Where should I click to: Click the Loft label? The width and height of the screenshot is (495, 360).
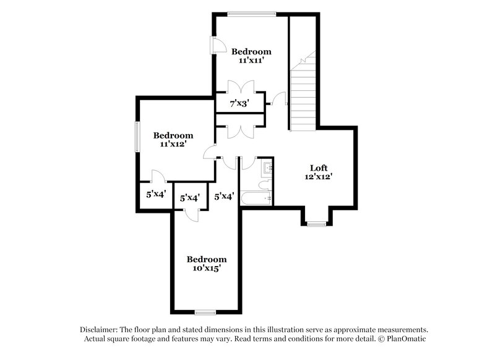pyautogui.click(x=319, y=168)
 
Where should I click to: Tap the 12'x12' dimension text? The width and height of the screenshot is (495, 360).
pyautogui.click(x=319, y=177)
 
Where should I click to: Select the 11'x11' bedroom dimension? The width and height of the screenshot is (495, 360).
pyautogui.click(x=251, y=60)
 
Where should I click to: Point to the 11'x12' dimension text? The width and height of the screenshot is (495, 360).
pyautogui.click(x=173, y=144)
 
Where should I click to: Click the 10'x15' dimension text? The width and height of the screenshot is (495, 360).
pyautogui.click(x=206, y=268)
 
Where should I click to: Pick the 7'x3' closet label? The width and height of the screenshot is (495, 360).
pyautogui.click(x=239, y=103)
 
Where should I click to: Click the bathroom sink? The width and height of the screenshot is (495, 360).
pyautogui.click(x=267, y=167)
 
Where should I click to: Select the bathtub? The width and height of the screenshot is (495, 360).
pyautogui.click(x=256, y=199)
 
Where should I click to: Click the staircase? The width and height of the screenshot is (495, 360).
pyautogui.click(x=304, y=93)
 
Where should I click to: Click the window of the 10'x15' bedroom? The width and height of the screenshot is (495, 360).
pyautogui.click(x=205, y=311)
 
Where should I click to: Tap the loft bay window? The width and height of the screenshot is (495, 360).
pyautogui.click(x=317, y=224)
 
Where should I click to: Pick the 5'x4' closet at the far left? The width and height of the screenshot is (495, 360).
pyautogui.click(x=155, y=195)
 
